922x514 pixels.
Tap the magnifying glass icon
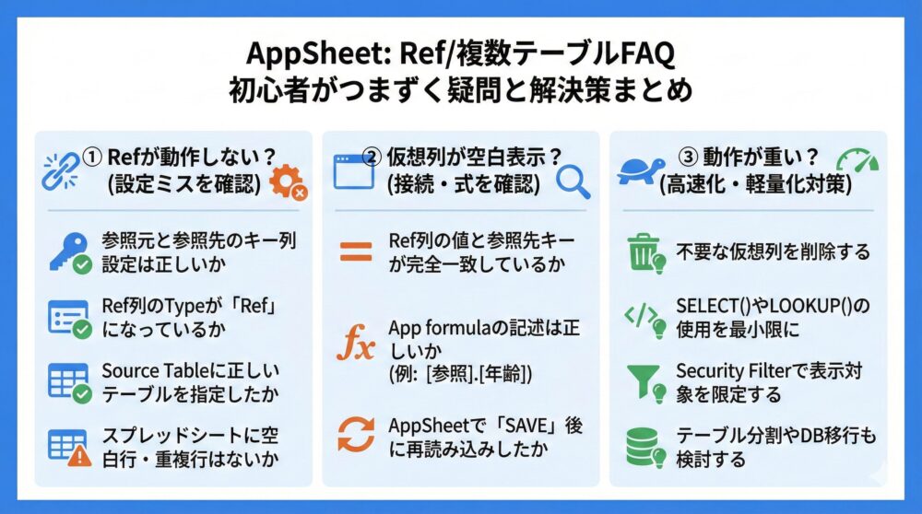click(573, 181)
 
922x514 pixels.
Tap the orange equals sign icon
click(356, 251)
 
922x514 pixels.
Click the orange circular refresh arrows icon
click(356, 433)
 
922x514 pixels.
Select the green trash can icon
click(644, 251)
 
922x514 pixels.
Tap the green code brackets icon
click(644, 316)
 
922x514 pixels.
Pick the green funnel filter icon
click(644, 380)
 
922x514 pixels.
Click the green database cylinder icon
click(644, 446)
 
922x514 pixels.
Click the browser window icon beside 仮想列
click(353, 171)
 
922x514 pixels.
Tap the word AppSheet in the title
click(304, 53)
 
